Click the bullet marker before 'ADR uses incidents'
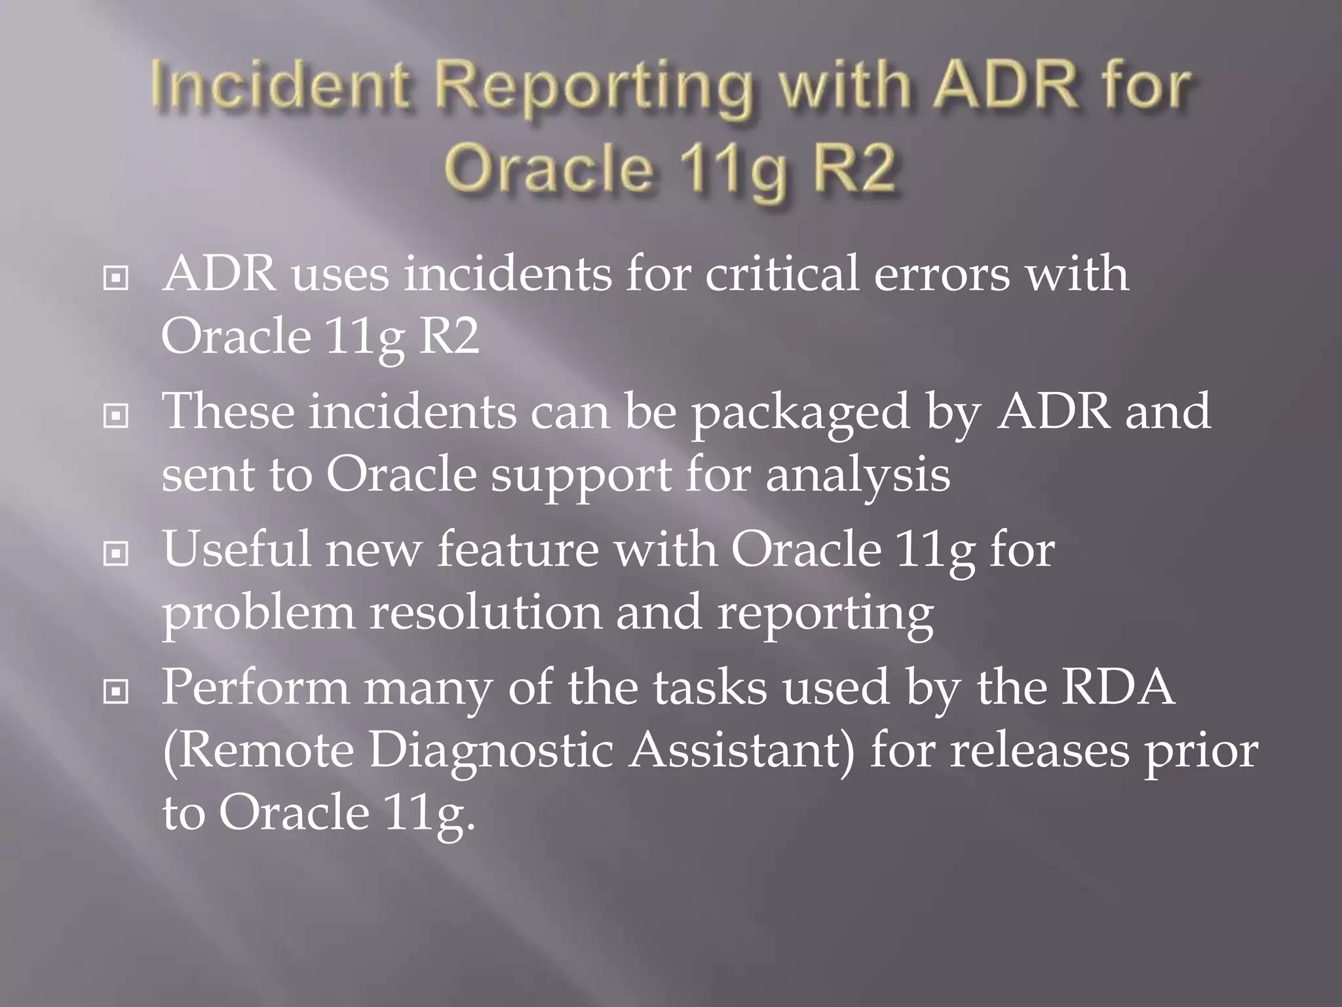(116, 279)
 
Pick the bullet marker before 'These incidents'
(116, 416)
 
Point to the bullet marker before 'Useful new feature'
(116, 554)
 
